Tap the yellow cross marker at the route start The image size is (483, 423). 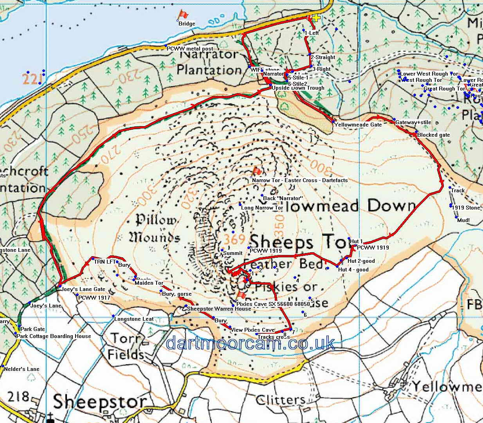tap(316, 18)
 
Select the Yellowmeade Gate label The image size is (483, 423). tap(358, 125)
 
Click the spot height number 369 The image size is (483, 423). tap(235, 239)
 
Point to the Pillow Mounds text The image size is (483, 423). tap(155, 229)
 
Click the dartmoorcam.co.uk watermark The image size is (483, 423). tap(250, 343)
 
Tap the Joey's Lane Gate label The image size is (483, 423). tap(83, 289)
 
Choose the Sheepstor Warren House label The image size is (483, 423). tap(219, 309)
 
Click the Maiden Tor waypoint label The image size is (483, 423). tap(149, 283)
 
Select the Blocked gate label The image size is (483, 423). tap(433, 135)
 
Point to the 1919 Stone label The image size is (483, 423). tap(466, 208)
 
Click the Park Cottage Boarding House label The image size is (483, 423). tap(54, 336)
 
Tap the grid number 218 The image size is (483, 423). tap(18, 397)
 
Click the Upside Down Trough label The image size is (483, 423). tap(298, 88)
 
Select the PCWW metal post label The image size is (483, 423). tap(190, 49)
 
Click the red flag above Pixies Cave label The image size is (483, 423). tap(241, 295)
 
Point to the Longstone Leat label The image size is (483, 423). tap(134, 319)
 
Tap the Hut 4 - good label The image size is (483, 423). tap(353, 269)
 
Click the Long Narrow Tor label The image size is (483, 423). tap(262, 208)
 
